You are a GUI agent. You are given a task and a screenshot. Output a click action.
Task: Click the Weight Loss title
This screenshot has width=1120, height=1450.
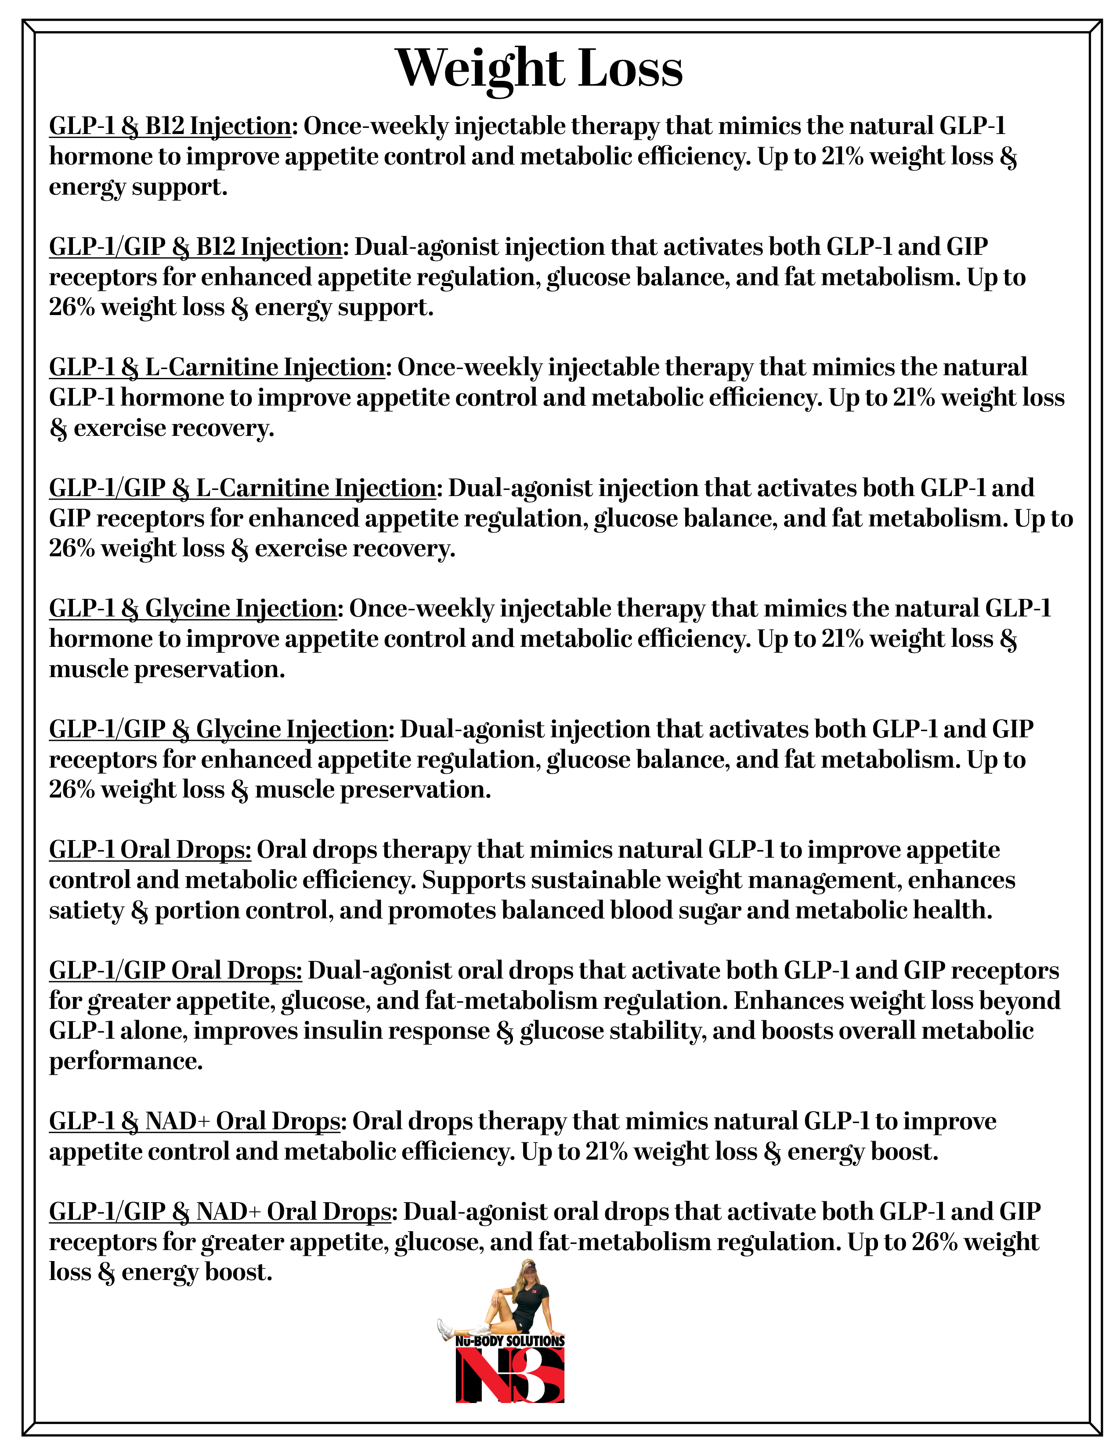(x=539, y=69)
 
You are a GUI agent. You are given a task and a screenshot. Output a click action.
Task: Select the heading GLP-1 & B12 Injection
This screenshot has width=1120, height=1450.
(x=170, y=126)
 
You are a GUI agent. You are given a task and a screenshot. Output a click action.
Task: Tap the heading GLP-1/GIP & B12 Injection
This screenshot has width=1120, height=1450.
(x=195, y=247)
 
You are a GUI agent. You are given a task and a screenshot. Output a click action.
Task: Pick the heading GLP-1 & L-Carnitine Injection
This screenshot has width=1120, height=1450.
(x=217, y=367)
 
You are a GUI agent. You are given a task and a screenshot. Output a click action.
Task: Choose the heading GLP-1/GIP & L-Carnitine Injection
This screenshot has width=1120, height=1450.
(x=242, y=488)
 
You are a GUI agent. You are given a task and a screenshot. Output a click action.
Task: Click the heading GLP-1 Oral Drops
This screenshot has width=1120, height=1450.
(x=150, y=850)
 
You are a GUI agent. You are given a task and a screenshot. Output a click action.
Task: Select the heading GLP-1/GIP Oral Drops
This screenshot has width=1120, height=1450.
(x=175, y=971)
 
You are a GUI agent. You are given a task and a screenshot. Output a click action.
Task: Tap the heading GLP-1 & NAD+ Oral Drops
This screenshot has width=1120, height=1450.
(x=195, y=1121)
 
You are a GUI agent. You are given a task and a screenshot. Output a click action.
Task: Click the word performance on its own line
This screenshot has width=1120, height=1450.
(x=126, y=1062)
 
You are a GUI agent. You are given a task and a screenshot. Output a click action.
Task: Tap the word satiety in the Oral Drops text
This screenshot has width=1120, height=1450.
(x=86, y=911)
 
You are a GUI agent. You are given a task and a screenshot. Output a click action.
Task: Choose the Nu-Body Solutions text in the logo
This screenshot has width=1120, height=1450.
(x=509, y=1341)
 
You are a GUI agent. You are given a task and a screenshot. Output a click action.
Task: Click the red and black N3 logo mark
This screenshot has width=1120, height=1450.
(x=509, y=1375)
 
